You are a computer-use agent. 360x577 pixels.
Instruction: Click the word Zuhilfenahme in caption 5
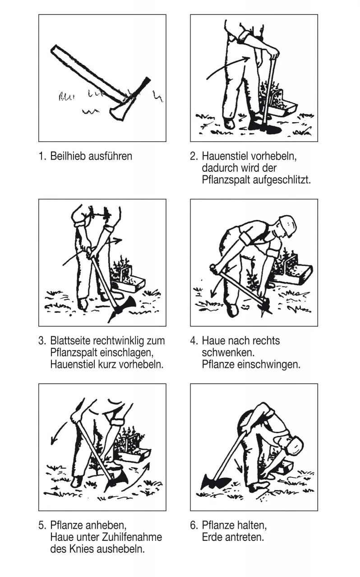(x=132, y=537)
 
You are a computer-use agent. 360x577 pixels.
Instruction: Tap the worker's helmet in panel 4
(x=287, y=224)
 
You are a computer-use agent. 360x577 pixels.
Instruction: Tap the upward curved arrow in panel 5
(x=138, y=479)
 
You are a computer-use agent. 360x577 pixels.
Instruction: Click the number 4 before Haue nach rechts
(x=193, y=341)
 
